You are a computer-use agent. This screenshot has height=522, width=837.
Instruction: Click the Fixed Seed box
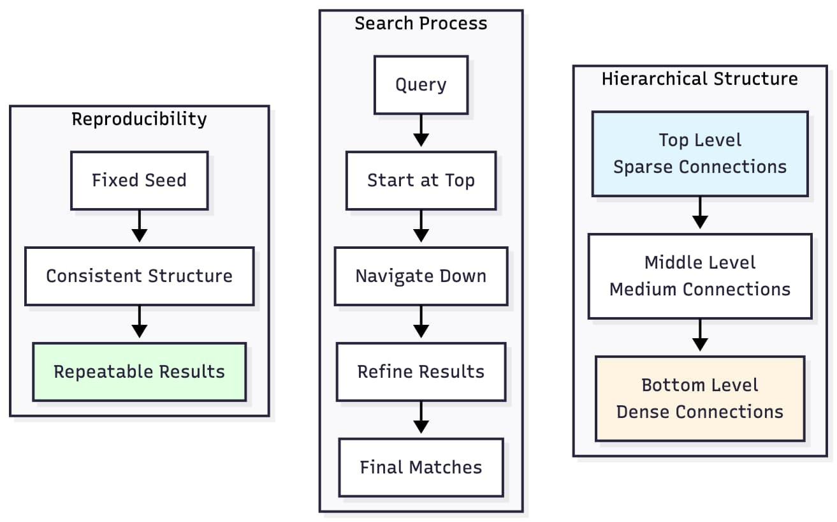pos(139,181)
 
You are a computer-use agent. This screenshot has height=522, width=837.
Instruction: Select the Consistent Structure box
pos(139,276)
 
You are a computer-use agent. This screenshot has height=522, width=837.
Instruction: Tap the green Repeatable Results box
pos(139,372)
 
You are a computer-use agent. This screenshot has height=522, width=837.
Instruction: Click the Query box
pos(421,85)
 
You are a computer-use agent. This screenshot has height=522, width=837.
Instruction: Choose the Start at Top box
pos(421,181)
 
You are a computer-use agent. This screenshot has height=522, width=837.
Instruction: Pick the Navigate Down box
pos(421,276)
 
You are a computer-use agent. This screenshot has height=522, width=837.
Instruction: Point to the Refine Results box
pos(421,372)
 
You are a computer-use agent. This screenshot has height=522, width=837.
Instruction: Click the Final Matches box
pos(421,468)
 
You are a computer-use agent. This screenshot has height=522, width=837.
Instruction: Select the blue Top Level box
pos(700,154)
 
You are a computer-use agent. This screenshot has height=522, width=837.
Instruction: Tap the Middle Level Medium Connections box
pos(700,276)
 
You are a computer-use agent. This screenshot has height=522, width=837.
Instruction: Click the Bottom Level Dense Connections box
pos(700,399)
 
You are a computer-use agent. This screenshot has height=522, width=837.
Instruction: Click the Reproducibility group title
pos(139,119)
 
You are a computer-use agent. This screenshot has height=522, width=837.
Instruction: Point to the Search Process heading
pos(421,24)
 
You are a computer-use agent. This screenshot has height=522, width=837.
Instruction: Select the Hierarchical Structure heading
pos(700,78)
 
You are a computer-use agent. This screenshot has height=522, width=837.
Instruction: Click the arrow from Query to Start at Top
pos(421,132)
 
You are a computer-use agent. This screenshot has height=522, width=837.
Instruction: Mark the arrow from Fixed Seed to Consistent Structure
pos(139,228)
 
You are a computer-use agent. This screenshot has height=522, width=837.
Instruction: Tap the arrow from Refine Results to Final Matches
pos(421,419)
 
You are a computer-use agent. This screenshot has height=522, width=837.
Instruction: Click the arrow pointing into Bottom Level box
pos(700,337)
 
